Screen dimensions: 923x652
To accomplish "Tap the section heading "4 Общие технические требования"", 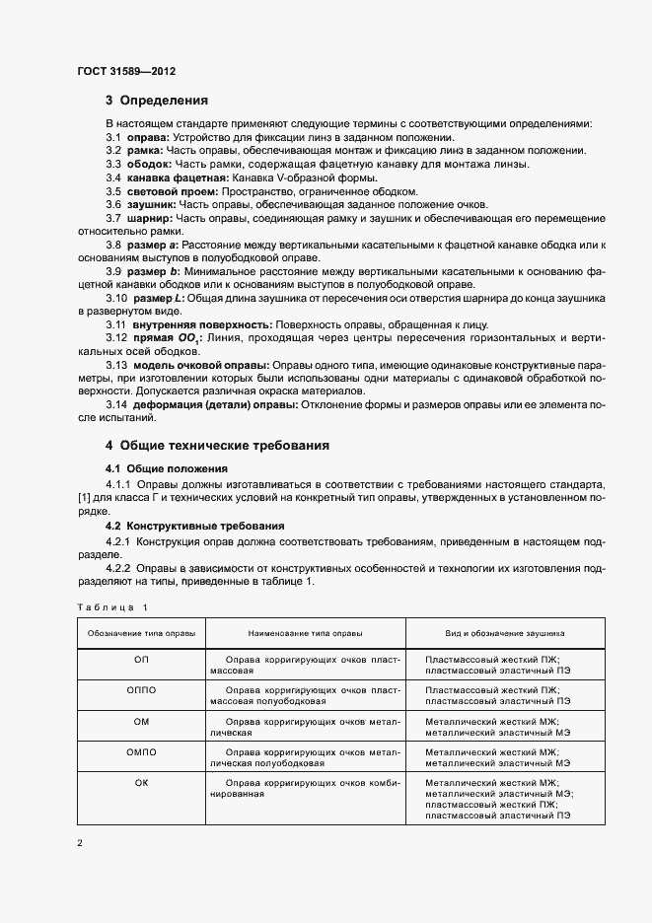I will pos(218,445).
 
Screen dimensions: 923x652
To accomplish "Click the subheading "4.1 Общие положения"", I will pos(167,467).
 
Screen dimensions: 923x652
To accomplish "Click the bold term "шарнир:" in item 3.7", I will pos(149,217).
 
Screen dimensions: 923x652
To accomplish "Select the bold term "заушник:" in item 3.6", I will pos(151,203).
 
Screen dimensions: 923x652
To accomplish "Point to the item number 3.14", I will pos(116,404).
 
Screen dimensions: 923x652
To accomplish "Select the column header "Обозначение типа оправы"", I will pos(141,632).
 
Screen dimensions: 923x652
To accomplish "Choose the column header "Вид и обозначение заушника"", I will pos(498,632).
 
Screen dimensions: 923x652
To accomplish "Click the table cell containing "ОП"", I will pos(141,657).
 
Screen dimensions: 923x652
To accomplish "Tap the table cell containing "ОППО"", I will pos(141,689).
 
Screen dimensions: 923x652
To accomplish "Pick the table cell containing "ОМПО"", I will pos(141,753).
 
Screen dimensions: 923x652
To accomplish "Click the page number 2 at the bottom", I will pos(80,845).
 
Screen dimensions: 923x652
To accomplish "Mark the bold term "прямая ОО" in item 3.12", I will pos(159,338).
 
